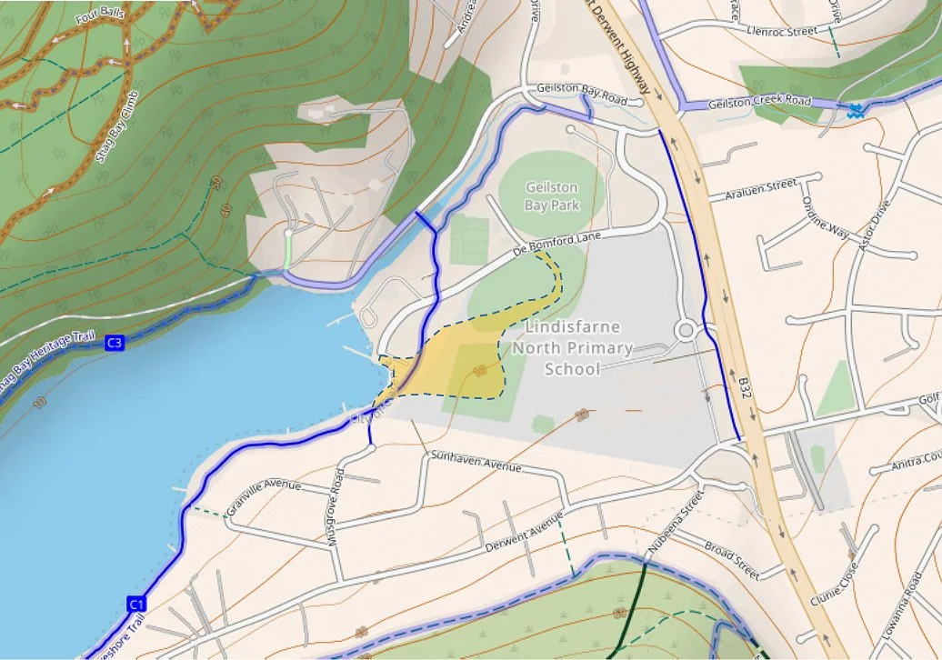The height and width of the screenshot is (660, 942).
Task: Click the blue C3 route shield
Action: tap(114, 343)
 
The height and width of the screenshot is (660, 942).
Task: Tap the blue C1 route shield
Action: tap(136, 604)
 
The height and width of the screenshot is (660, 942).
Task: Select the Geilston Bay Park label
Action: tap(552, 196)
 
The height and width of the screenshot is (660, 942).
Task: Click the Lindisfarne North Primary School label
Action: tap(572, 346)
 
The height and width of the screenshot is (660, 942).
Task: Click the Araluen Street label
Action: tap(762, 188)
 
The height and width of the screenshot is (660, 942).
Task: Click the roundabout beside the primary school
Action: tap(686, 329)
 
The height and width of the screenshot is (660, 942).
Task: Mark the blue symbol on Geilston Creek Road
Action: tap(855, 112)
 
